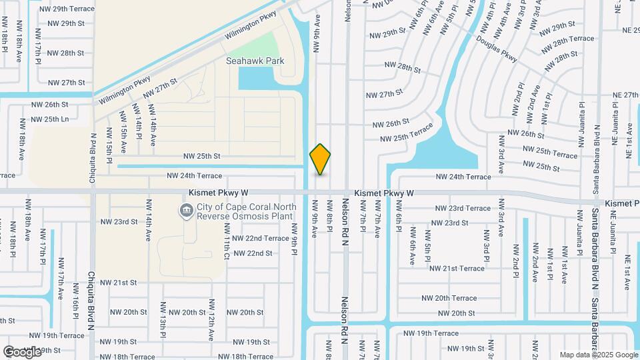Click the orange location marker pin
click(321, 159)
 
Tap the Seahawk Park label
click(255, 61)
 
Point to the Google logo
click(22, 351)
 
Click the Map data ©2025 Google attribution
click(598, 355)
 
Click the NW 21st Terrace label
click(457, 268)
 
